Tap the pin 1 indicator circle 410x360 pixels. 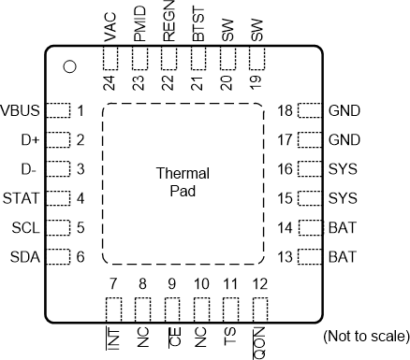point(68,66)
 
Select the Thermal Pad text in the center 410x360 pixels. point(182,183)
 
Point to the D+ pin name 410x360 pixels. point(29,140)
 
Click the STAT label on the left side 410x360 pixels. point(22,198)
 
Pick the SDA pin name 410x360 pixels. point(23,256)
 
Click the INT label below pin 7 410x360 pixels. point(112,336)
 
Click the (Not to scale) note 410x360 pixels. point(364,335)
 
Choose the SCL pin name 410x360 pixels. point(23,227)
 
